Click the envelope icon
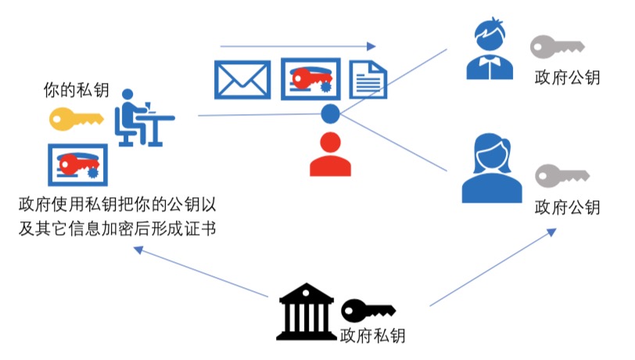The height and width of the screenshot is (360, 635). click(x=242, y=80)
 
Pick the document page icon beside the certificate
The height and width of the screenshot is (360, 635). click(x=368, y=80)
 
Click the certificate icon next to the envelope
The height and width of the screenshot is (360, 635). click(x=310, y=78)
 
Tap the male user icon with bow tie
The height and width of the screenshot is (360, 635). click(x=490, y=50)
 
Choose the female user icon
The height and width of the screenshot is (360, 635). click(x=491, y=170)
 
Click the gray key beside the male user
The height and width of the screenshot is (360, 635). click(x=556, y=47)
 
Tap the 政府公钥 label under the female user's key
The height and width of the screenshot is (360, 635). click(x=567, y=207)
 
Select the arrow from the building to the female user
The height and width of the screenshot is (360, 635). click(x=493, y=267)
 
